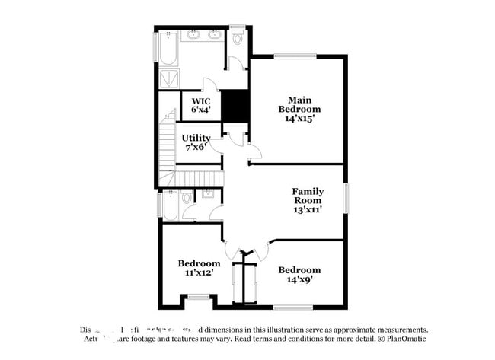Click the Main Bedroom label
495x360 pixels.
click(x=298, y=104)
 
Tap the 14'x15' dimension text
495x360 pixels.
click(x=298, y=119)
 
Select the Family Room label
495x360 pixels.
click(x=308, y=196)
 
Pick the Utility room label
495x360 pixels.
click(x=196, y=138)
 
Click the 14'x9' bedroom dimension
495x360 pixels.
click(x=299, y=279)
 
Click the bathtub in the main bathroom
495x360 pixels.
click(x=169, y=48)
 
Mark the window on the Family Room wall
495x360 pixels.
click(x=346, y=197)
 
